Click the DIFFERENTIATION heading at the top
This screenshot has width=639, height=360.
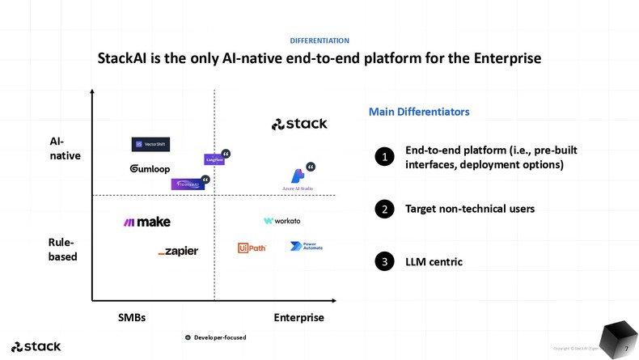pyautogui.click(x=319, y=40)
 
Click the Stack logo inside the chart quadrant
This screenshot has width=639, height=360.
pyautogui.click(x=299, y=124)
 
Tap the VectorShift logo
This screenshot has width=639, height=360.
pyautogui.click(x=150, y=145)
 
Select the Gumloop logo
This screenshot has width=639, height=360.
pyautogui.click(x=150, y=169)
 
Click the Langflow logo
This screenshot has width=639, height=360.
pyautogui.click(x=214, y=160)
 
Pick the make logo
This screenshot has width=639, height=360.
pyautogui.click(x=146, y=222)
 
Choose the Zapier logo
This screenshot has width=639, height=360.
pyautogui.click(x=178, y=252)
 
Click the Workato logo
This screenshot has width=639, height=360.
pyautogui.click(x=281, y=221)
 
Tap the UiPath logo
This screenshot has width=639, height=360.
pyautogui.click(x=252, y=248)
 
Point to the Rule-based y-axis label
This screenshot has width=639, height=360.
pyautogui.click(x=63, y=249)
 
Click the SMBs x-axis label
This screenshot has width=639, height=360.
pyautogui.click(x=132, y=318)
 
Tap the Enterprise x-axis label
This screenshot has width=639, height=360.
pyautogui.click(x=298, y=318)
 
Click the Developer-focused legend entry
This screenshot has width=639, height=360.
pyautogui.click(x=215, y=337)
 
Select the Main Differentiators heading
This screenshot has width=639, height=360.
pyautogui.click(x=418, y=112)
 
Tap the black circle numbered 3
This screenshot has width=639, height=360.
pyautogui.click(x=385, y=262)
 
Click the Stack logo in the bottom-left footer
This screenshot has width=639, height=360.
pyautogui.click(x=36, y=347)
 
